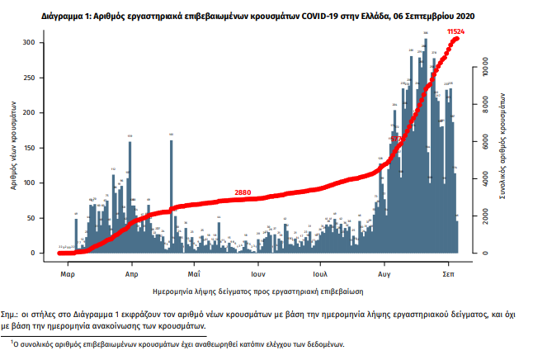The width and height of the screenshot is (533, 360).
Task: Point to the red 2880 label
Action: [243, 192]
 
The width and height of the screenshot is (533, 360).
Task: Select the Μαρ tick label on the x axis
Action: [68, 272]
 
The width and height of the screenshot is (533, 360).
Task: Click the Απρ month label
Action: [131, 272]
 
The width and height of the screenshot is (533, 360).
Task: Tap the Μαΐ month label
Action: [194, 272]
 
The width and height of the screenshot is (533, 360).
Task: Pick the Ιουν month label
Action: [257, 272]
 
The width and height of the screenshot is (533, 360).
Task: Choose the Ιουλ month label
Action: [321, 272]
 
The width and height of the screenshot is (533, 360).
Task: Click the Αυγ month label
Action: [384, 272]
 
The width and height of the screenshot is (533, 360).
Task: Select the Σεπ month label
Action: [449, 272]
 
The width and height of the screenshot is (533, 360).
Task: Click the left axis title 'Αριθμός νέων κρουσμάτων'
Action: [14, 148]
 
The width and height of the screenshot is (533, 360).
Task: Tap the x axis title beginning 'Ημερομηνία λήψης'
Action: [259, 291]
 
